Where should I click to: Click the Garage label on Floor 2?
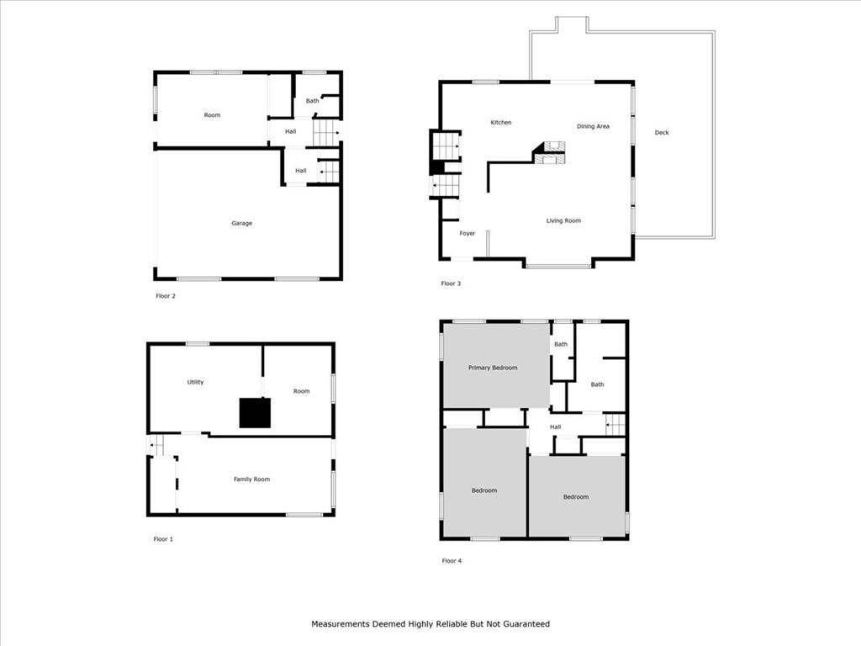pyautogui.click(x=241, y=223)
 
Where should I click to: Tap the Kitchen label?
pyautogui.click(x=501, y=123)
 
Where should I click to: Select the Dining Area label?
pyautogui.click(x=593, y=126)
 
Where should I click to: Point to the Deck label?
pyautogui.click(x=662, y=132)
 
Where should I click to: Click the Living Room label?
pyautogui.click(x=563, y=221)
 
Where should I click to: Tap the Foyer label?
pyautogui.click(x=467, y=234)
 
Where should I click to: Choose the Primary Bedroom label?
pyautogui.click(x=493, y=368)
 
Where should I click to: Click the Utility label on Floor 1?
pyautogui.click(x=195, y=382)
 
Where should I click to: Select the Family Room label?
pyautogui.click(x=251, y=479)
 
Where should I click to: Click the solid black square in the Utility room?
pyautogui.click(x=255, y=413)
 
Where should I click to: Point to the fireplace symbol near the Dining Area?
pyautogui.click(x=549, y=152)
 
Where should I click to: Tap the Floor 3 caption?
pyautogui.click(x=451, y=283)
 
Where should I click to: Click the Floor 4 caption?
pyautogui.click(x=452, y=561)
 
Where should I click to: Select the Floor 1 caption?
pyautogui.click(x=163, y=539)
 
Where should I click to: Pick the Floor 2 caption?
pyautogui.click(x=166, y=296)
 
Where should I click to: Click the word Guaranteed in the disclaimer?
pyautogui.click(x=527, y=624)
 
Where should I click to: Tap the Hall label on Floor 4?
pyautogui.click(x=555, y=426)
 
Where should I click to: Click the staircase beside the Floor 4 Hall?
pyautogui.click(x=615, y=425)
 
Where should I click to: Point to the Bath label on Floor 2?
pyautogui.click(x=313, y=101)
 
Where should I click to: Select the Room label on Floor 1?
pyautogui.click(x=302, y=391)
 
